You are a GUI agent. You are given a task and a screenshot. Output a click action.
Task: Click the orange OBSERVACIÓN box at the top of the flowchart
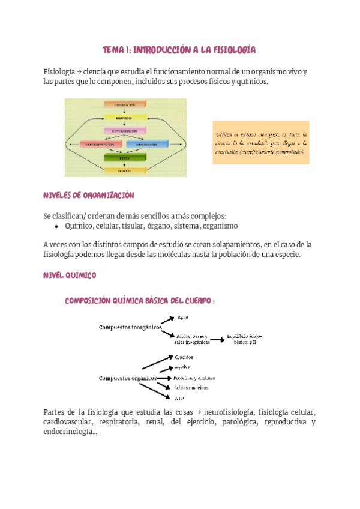(125, 104)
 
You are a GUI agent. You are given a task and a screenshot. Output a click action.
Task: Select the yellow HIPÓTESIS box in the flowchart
(125, 118)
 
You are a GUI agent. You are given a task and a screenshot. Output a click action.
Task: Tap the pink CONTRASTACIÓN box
(125, 130)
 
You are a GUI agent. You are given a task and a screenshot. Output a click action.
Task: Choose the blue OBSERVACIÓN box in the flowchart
(148, 144)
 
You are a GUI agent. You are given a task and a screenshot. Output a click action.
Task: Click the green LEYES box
(125, 157)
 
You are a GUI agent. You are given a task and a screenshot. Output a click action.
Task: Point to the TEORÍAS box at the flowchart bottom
(125, 170)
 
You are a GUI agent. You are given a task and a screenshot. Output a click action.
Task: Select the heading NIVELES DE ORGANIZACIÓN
(89, 196)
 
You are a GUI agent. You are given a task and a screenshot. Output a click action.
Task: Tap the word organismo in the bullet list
(220, 226)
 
